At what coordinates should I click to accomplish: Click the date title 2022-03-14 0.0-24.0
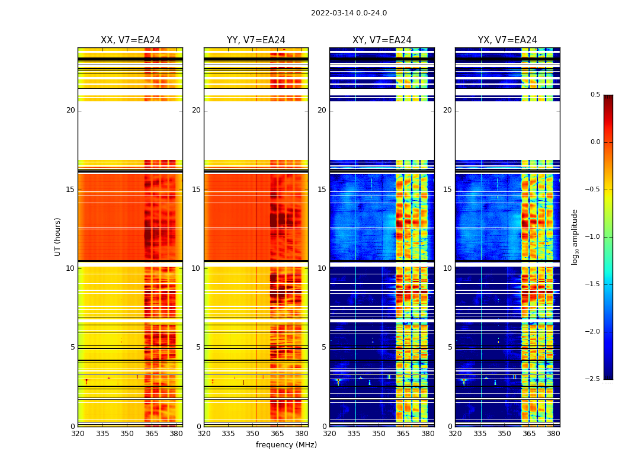[x=348, y=13]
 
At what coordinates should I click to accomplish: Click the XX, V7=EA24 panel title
[x=130, y=40]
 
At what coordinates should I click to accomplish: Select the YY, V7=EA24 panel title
[x=256, y=40]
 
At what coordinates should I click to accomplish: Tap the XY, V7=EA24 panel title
[x=381, y=40]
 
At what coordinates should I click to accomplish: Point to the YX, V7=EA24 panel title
[x=507, y=40]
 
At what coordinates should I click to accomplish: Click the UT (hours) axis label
[x=57, y=236]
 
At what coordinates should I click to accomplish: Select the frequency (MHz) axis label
[x=286, y=445]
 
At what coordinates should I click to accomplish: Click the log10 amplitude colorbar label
[x=575, y=237]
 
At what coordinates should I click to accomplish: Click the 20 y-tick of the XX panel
[x=70, y=110]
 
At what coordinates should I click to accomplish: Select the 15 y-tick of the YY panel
[x=196, y=190]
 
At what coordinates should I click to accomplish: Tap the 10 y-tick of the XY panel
[x=322, y=268]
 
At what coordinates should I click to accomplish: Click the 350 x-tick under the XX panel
[x=127, y=434]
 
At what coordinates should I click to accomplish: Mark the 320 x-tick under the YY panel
[x=204, y=434]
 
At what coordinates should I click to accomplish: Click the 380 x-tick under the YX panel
[x=553, y=434]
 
